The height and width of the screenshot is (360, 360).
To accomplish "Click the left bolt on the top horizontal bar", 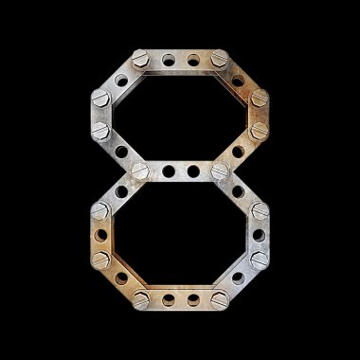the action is point(140,59).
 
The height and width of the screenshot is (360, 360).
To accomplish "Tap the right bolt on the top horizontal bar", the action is point(220,59).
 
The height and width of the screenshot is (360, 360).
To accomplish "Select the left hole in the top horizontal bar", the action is point(169,60).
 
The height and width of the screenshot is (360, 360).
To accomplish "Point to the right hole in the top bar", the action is point(193,60).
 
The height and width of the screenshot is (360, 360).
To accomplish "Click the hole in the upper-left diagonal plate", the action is point(121,81).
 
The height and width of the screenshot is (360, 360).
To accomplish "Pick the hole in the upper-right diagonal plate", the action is point(238,81).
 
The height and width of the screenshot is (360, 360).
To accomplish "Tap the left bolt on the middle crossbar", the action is point(140,171).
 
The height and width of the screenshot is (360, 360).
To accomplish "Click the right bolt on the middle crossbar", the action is point(220,171).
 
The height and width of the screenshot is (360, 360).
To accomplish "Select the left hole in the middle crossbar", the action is point(169,171).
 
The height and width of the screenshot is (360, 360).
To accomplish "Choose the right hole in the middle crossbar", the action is point(193,171).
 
